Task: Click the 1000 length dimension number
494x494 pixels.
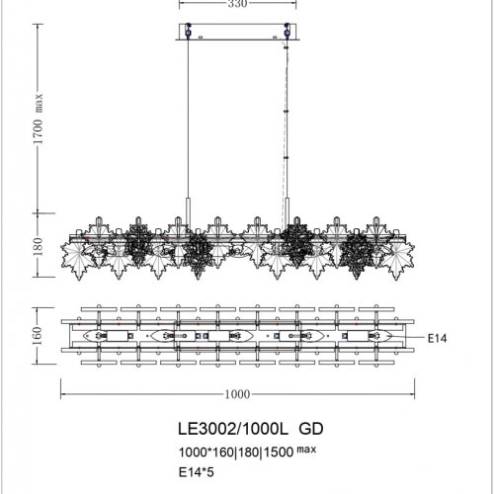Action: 237,394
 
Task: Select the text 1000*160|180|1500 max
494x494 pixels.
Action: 243,451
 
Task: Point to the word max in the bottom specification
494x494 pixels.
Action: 309,449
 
